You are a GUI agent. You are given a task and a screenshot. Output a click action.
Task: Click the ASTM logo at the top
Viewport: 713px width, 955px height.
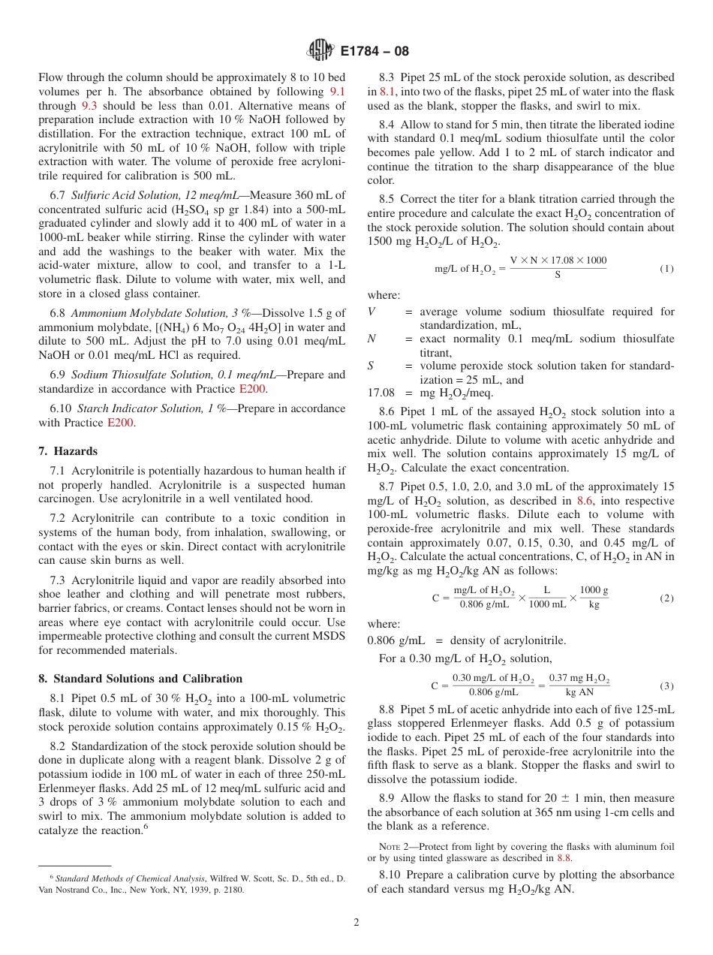pos(320,52)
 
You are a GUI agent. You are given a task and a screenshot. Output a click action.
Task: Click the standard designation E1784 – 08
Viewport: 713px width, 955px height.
pos(375,52)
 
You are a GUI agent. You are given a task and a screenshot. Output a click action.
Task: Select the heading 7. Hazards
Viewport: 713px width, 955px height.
pos(68,451)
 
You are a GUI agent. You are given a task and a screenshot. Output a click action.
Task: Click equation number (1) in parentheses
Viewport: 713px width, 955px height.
pos(666,268)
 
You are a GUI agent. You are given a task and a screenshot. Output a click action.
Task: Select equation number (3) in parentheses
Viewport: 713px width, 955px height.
pos(666,685)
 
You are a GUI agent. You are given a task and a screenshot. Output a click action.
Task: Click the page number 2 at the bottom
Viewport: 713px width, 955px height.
pos(356,923)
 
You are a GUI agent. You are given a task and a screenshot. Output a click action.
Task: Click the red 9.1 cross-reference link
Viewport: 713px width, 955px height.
pos(338,92)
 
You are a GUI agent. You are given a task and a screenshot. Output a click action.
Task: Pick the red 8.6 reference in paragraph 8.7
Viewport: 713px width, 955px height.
pos(585,500)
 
